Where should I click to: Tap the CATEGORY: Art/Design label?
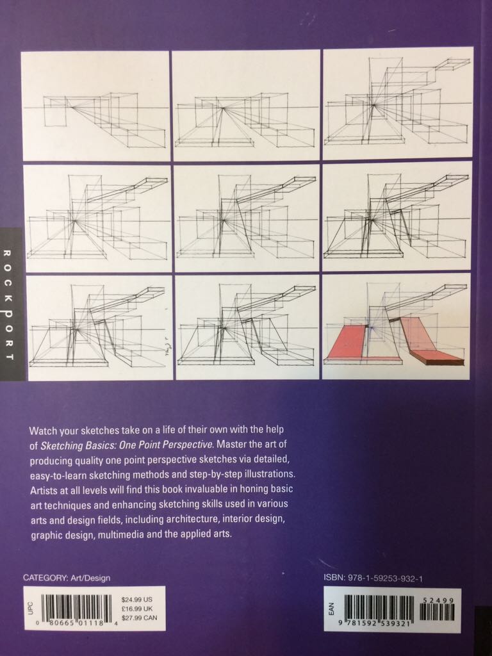tap(67, 578)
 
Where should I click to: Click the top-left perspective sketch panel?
tap(96, 105)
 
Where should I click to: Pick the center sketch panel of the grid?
tap(247, 217)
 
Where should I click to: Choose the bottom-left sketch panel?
tap(96, 327)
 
